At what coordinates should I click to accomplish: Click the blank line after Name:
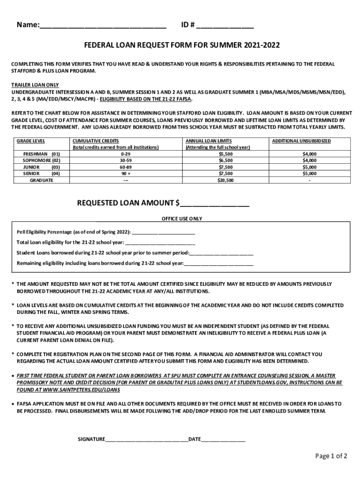pyautogui.click(x=103, y=26)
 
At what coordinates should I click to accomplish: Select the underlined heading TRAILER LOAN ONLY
pyautogui.click(x=36, y=85)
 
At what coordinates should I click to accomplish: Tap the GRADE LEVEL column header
pyautogui.click(x=31, y=141)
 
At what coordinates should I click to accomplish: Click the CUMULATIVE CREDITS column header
pyautogui.click(x=95, y=141)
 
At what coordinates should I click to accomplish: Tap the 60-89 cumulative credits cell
pyautogui.click(x=126, y=167)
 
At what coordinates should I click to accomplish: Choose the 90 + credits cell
pyautogui.click(x=126, y=173)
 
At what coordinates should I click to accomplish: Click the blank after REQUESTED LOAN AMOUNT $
pyautogui.click(x=215, y=203)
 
